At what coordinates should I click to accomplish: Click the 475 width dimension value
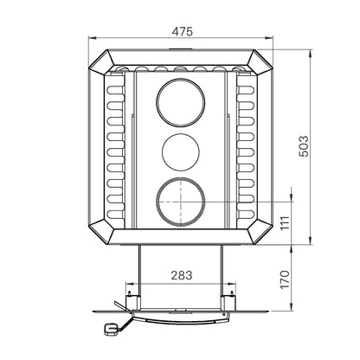tap(182, 31)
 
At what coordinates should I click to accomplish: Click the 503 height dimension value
tap(303, 146)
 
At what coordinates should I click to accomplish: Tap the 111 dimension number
tap(285, 222)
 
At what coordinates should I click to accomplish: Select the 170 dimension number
tap(285, 279)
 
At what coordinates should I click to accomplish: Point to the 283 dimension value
tap(182, 275)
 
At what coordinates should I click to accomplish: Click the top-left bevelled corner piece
tap(101, 63)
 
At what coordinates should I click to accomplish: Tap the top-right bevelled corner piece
tap(260, 63)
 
